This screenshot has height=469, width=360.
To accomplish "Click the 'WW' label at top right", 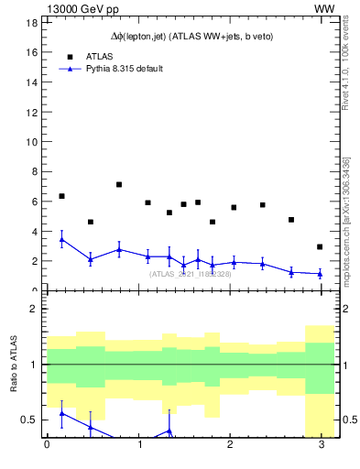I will [323, 8].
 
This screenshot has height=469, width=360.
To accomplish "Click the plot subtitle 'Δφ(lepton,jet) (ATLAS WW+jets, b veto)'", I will [186, 36].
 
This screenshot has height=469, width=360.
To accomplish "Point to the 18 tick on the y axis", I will [31, 23].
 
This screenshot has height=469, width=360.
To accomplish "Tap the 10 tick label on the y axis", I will [31, 141].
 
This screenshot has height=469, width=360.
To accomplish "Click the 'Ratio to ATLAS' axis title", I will [14, 365].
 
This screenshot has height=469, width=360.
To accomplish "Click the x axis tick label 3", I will [321, 445].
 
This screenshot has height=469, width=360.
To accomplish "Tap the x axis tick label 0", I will [47, 445].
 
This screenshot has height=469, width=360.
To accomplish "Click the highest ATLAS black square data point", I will [119, 184].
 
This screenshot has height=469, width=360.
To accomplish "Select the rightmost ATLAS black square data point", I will [320, 246].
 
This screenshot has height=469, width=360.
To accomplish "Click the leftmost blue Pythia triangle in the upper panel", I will [61, 239].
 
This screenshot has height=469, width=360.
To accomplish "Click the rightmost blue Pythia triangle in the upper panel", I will [320, 273].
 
